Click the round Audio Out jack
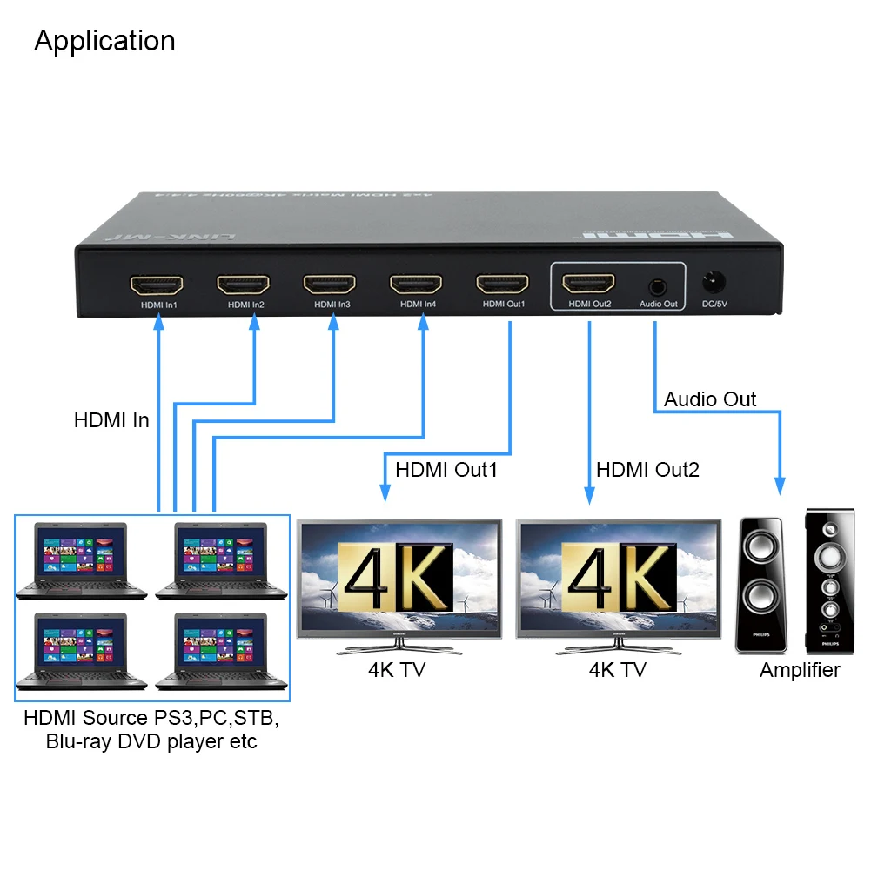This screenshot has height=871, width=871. pyautogui.click(x=658, y=285)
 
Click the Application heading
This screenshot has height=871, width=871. pyautogui.click(x=104, y=41)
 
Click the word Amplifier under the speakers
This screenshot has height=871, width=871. pyautogui.click(x=800, y=670)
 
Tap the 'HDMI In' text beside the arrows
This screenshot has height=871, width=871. pyautogui.click(x=111, y=421)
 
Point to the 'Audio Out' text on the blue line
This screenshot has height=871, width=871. pyautogui.click(x=710, y=399)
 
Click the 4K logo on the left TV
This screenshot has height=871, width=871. pyautogui.click(x=395, y=578)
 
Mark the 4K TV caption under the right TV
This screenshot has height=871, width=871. pyautogui.click(x=617, y=670)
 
